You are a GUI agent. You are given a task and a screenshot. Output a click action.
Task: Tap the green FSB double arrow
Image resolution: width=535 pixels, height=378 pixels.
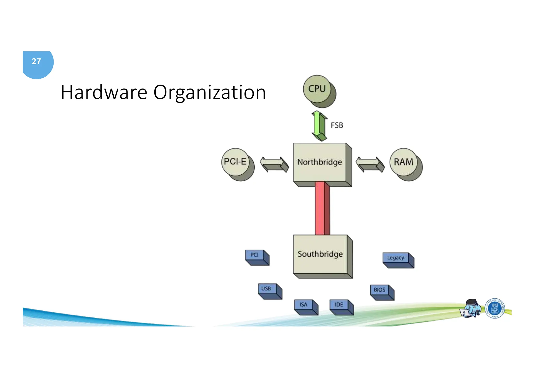pyautogui.click(x=319, y=126)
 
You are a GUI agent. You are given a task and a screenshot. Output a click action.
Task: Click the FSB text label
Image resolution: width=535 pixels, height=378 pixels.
pyautogui.click(x=337, y=125)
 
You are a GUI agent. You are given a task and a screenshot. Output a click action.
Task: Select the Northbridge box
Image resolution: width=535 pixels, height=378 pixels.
pyautogui.click(x=320, y=162)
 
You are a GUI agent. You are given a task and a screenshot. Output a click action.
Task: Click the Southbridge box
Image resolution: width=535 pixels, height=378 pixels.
pyautogui.click(x=320, y=254)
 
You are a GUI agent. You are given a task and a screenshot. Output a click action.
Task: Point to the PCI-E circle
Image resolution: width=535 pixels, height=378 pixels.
pyautogui.click(x=235, y=162)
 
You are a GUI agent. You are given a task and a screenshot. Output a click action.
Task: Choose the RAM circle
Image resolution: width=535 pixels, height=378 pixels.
pyautogui.click(x=404, y=162)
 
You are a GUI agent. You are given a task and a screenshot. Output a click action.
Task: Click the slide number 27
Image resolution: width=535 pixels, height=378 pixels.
pyautogui.click(x=36, y=62)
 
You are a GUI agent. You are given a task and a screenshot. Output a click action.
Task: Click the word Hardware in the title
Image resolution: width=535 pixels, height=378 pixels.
pyautogui.click(x=104, y=92)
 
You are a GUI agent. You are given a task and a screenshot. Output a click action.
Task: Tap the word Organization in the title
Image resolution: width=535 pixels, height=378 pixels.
pyautogui.click(x=210, y=92)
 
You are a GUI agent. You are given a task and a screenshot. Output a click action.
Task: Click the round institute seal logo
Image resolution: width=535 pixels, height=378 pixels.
pyautogui.click(x=495, y=308)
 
